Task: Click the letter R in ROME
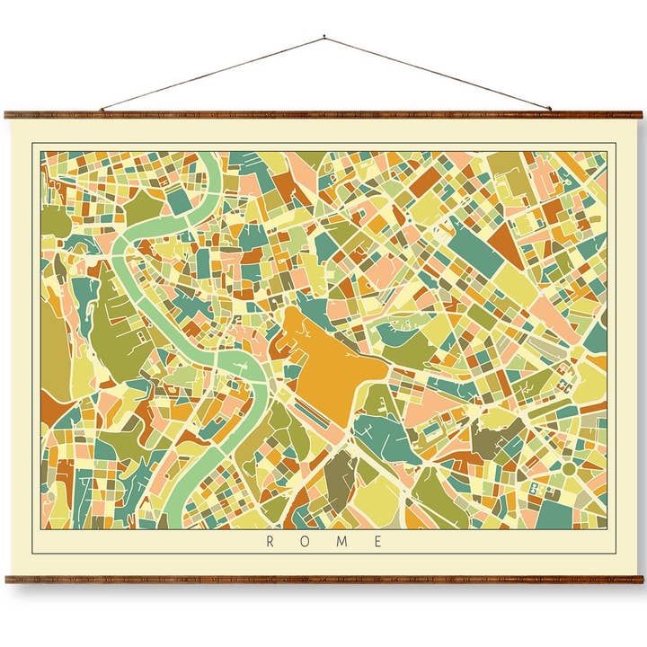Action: click(x=270, y=542)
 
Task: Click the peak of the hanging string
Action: click(x=323, y=38)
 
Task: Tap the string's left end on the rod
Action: click(x=101, y=111)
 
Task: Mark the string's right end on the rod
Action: click(x=550, y=111)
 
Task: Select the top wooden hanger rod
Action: click(x=323, y=115)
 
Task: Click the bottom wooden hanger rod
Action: click(x=323, y=580)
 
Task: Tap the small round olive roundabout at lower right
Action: click(x=568, y=468)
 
